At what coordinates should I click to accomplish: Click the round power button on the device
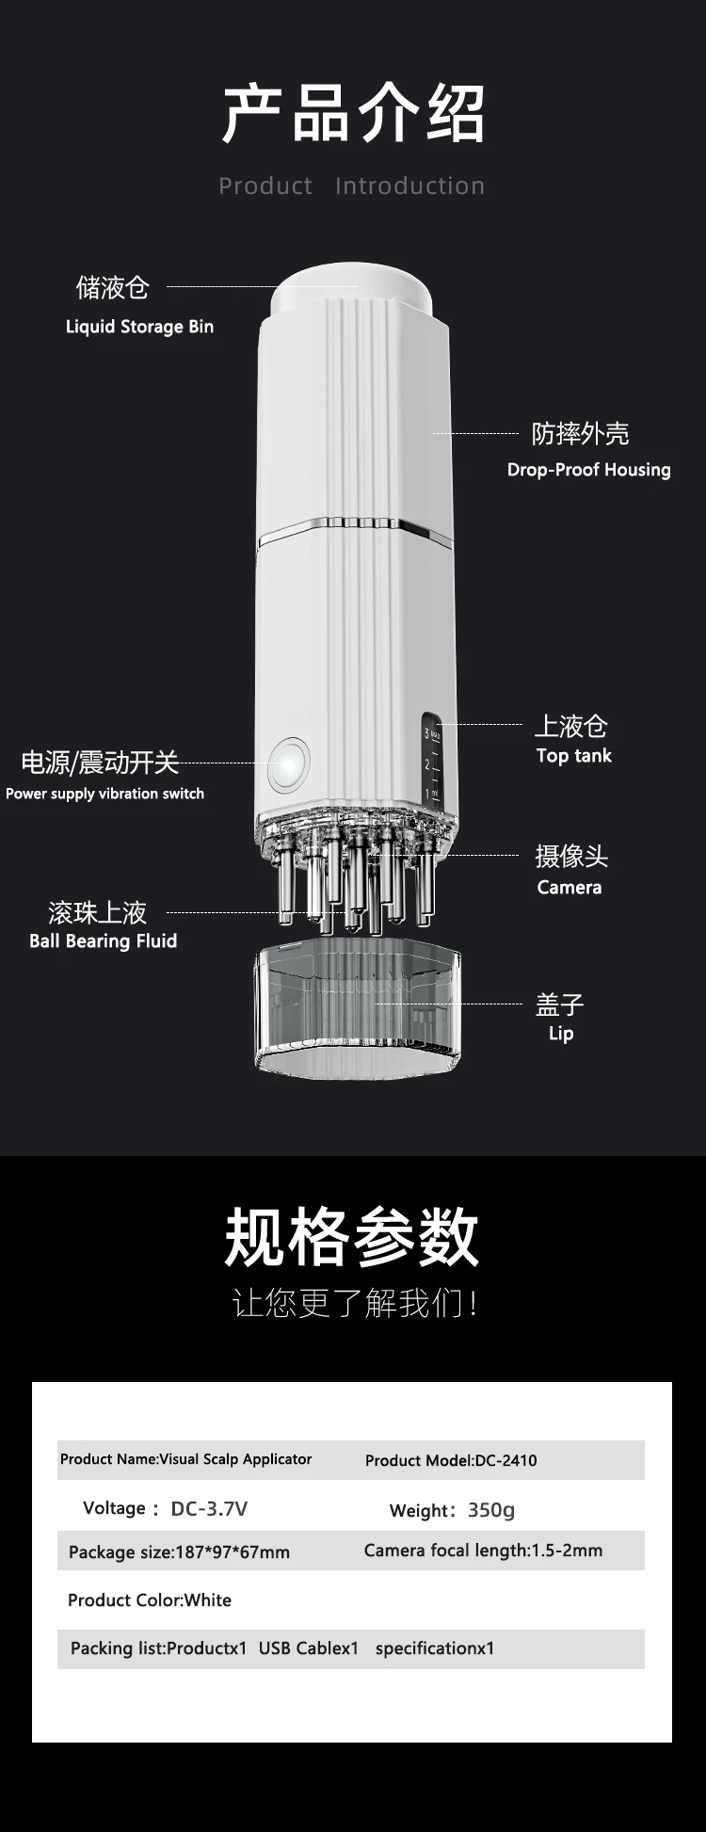point(289,763)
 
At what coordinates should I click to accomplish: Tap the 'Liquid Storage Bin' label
point(139,327)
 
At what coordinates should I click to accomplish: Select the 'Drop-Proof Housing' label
point(589,470)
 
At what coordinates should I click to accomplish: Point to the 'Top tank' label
point(574,756)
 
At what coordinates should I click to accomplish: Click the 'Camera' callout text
point(570,887)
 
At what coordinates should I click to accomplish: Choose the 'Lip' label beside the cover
point(561,1034)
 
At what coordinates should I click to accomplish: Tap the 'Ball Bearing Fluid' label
point(103,941)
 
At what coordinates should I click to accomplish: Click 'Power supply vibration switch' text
point(104,794)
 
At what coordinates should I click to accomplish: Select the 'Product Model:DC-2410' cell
point(451,1460)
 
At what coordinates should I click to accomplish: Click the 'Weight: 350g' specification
point(452,1510)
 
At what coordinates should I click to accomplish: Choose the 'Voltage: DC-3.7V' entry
point(165,1508)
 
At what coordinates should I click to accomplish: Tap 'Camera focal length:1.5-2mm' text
point(483,1551)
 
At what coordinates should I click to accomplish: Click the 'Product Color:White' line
point(150,1600)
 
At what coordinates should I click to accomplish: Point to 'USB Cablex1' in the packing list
point(309,1648)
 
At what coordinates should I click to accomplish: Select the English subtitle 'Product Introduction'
point(352,185)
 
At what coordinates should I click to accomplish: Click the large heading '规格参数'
point(352,1237)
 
